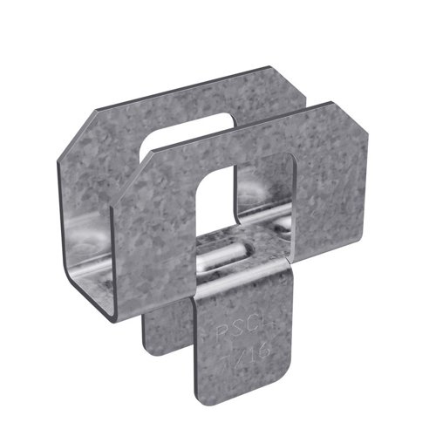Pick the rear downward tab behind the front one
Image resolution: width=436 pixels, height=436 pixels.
[x=166, y=331]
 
